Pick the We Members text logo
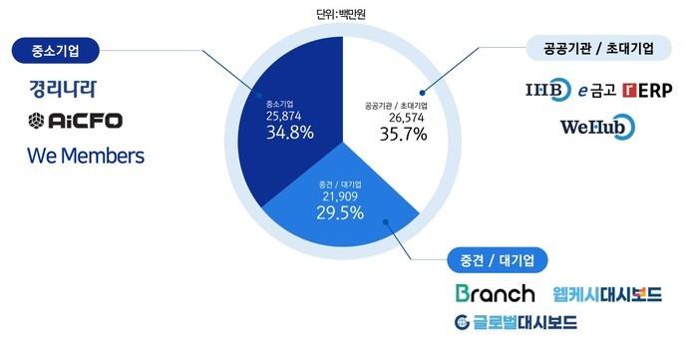coord(86,156)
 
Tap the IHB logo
coord(547,91)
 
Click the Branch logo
coord(495,294)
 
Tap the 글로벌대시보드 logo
coord(516,322)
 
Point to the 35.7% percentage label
coord(403,134)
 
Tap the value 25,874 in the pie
coord(285,116)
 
